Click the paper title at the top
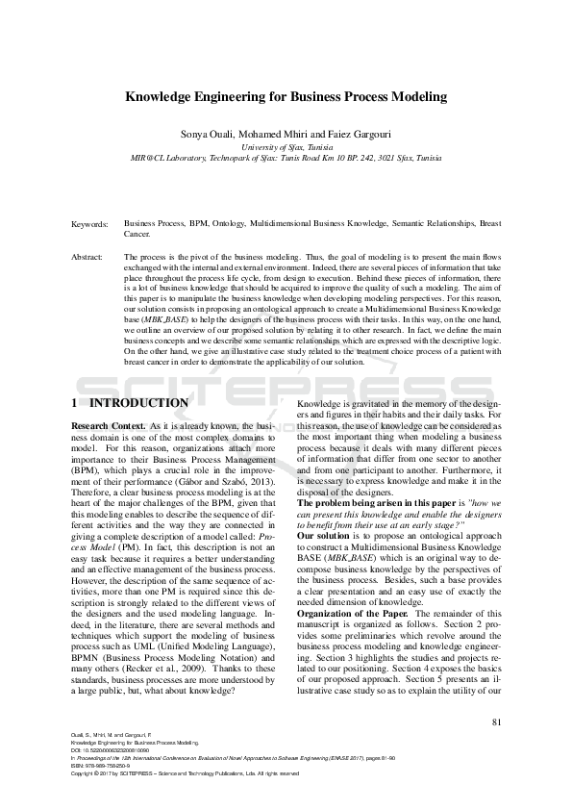tap(286, 97)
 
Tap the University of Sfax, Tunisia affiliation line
tap(286, 144)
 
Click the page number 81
tap(496, 721)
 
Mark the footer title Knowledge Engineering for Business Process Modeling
tap(135, 744)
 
